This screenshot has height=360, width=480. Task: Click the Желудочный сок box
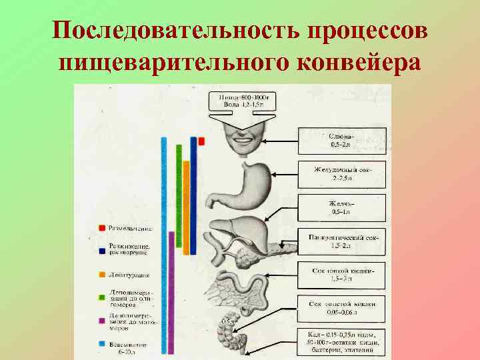(341, 174)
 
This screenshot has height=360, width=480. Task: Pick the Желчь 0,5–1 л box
(341, 208)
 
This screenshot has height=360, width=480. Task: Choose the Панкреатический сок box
(341, 241)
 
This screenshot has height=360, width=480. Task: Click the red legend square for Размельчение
(101, 228)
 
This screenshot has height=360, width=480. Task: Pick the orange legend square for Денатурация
(101, 274)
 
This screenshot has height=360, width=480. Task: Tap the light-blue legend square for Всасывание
(101, 344)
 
